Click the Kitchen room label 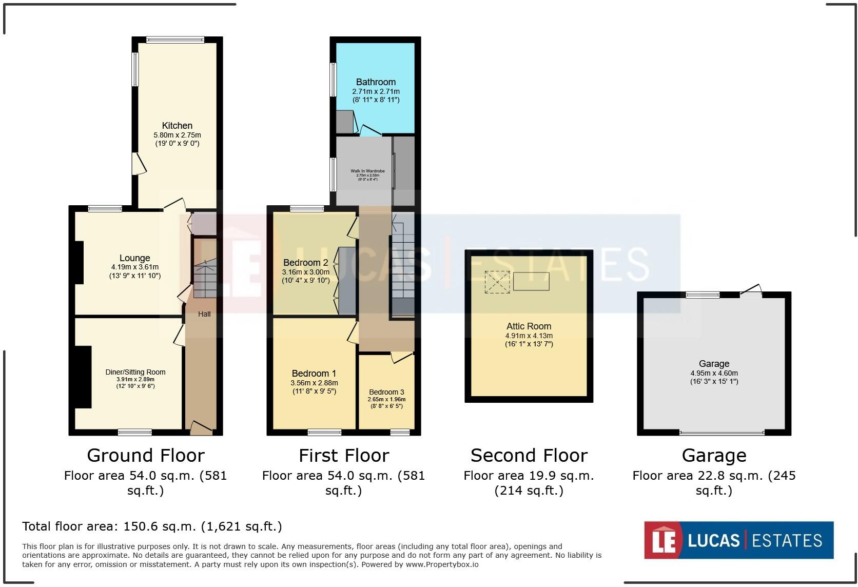point(177,126)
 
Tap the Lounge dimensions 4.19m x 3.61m point(135,267)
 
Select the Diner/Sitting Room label point(135,372)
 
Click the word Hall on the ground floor point(204,314)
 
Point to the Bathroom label point(376,82)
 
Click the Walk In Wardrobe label point(367,171)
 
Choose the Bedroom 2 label point(305,263)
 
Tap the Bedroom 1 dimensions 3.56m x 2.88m point(314,383)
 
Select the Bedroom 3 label point(386,392)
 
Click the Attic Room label point(529,326)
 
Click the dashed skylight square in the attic point(497,282)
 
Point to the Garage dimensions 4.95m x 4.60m point(714,373)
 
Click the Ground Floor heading point(146,456)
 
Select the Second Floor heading point(529,456)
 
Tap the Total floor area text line point(152,526)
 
